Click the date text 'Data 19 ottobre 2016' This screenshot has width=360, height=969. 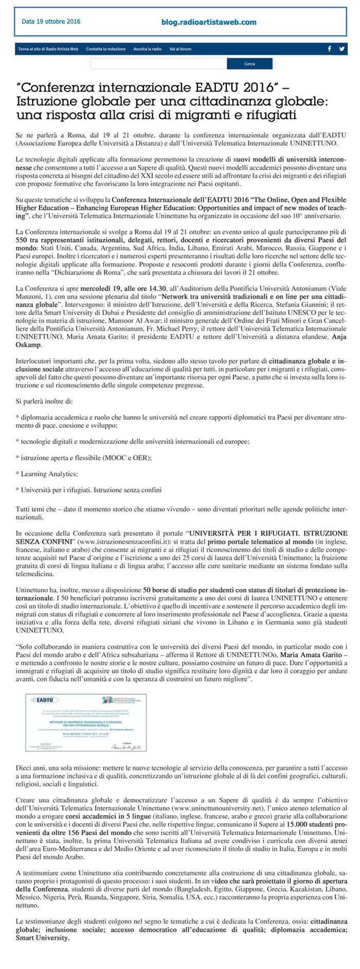[x=51, y=22]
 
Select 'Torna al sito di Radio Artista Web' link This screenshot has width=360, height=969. [x=48, y=49]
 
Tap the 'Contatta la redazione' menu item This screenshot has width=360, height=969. [x=106, y=49]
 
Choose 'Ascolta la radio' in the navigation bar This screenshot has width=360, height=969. [x=147, y=49]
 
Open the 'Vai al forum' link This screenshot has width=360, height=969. [x=180, y=49]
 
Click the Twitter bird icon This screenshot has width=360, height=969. [x=341, y=49]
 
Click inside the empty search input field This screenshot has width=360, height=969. [x=158, y=64]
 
